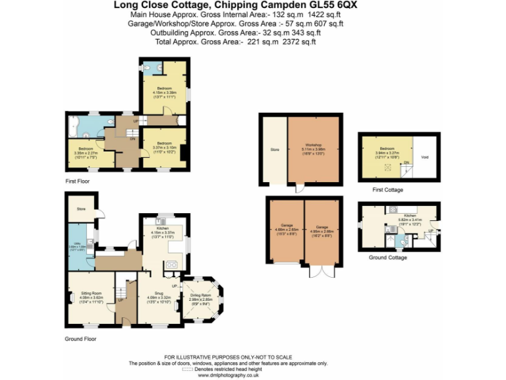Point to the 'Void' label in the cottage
(x=425, y=157)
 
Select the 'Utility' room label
(x=77, y=244)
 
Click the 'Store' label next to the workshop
(x=275, y=150)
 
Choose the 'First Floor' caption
(x=77, y=181)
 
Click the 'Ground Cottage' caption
(x=389, y=257)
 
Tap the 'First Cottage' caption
(x=387, y=190)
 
